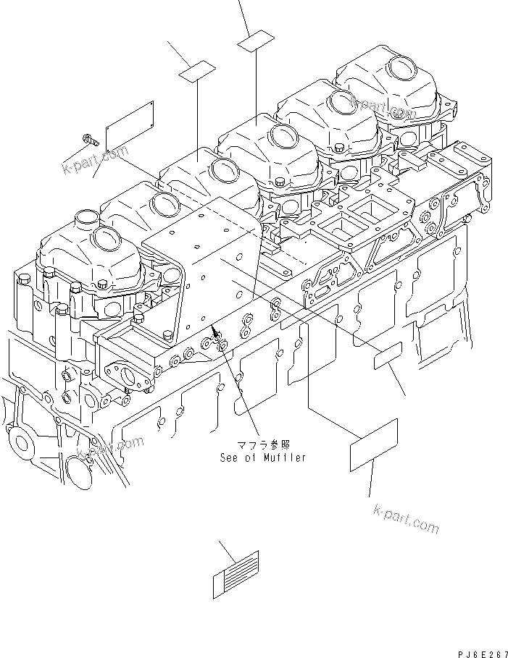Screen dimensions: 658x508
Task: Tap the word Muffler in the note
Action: pos(286,457)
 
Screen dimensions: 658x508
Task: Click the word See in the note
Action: pos(230,457)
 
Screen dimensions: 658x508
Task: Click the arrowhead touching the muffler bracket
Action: pos(215,332)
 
